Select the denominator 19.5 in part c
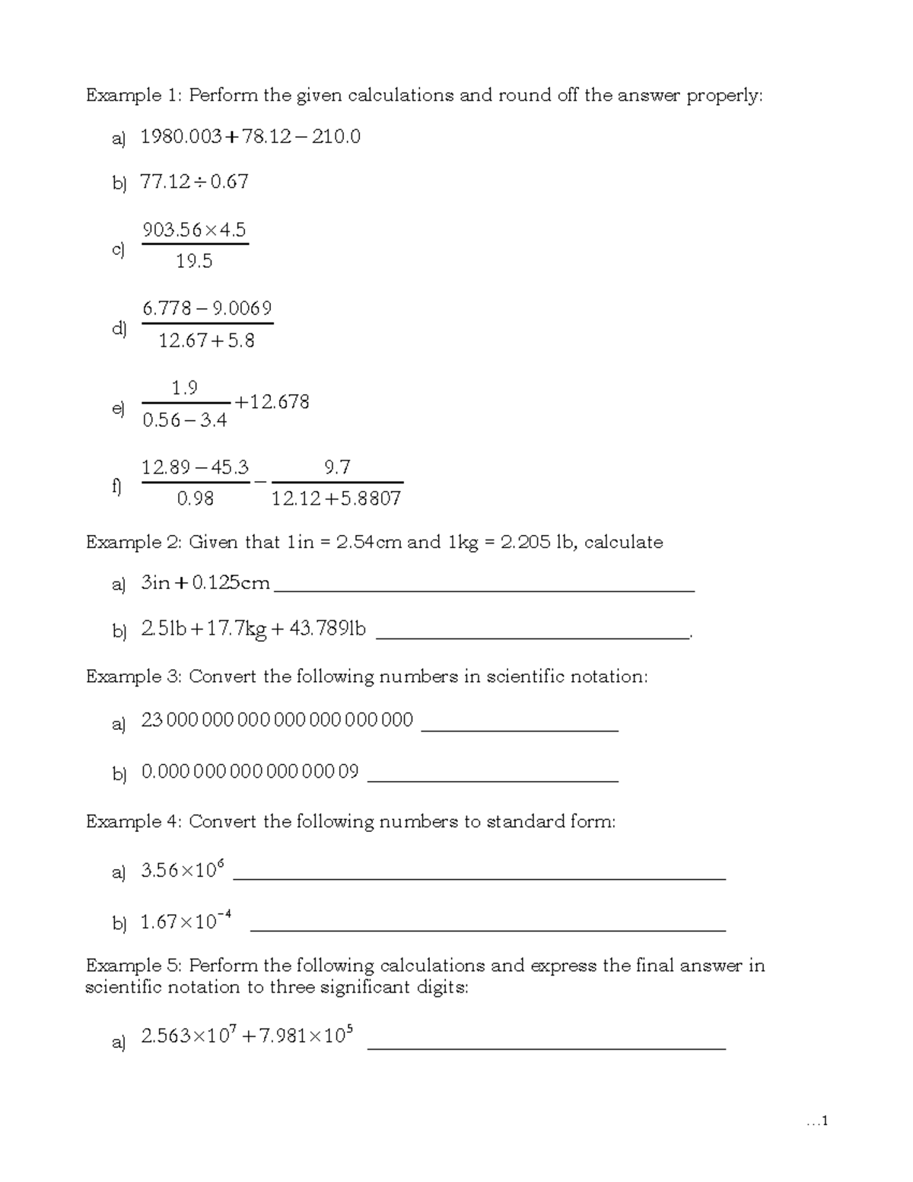click(194, 262)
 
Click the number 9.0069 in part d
click(242, 308)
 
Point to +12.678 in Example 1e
click(272, 402)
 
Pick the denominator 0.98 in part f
click(195, 499)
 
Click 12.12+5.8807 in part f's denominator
click(336, 499)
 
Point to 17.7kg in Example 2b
click(236, 630)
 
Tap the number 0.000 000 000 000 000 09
click(250, 772)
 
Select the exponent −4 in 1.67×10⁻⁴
click(224, 916)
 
